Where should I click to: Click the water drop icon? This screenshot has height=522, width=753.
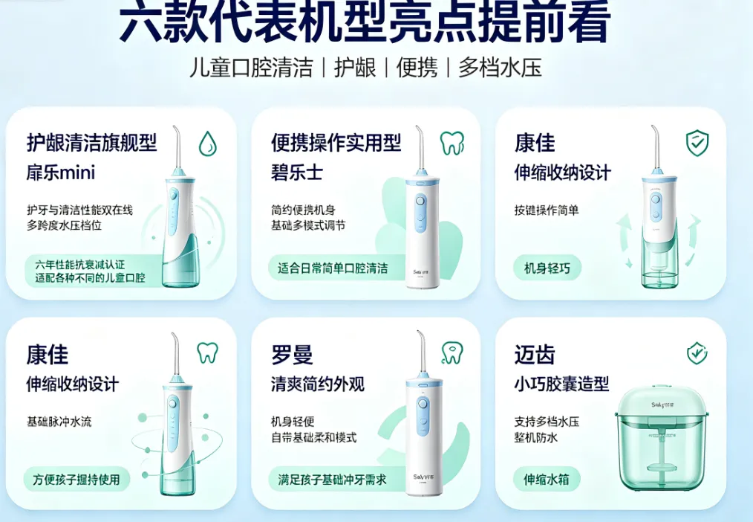pyautogui.click(x=207, y=144)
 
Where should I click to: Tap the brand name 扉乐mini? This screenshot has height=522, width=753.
pyautogui.click(x=61, y=173)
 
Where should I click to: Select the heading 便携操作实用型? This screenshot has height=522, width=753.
pyautogui.click(x=336, y=143)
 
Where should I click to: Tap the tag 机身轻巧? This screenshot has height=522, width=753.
pyautogui.click(x=547, y=268)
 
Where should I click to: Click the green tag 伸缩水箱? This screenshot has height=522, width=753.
pyautogui.click(x=547, y=479)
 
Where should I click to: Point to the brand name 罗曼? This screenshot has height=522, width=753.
pyautogui.click(x=292, y=355)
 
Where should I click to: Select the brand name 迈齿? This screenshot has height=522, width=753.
pyautogui.click(x=535, y=355)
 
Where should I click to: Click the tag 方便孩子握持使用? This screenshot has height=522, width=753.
pyautogui.click(x=76, y=479)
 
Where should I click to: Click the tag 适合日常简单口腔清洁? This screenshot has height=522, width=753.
pyautogui.click(x=333, y=268)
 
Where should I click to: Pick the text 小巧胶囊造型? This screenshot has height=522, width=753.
pyautogui.click(x=561, y=384)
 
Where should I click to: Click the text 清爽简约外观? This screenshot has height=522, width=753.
pyautogui.click(x=317, y=384)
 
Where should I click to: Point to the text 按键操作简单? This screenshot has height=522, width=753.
pyautogui.click(x=547, y=210)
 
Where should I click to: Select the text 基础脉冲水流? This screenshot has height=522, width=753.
pyautogui.click(x=59, y=422)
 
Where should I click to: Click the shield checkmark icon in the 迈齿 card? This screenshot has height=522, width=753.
pyautogui.click(x=697, y=353)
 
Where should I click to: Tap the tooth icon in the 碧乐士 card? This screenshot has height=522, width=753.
pyautogui.click(x=452, y=143)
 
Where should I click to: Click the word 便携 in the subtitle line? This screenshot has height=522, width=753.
pyautogui.click(x=417, y=67)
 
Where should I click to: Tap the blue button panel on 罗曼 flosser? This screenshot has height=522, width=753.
pyautogui.click(x=423, y=416)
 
